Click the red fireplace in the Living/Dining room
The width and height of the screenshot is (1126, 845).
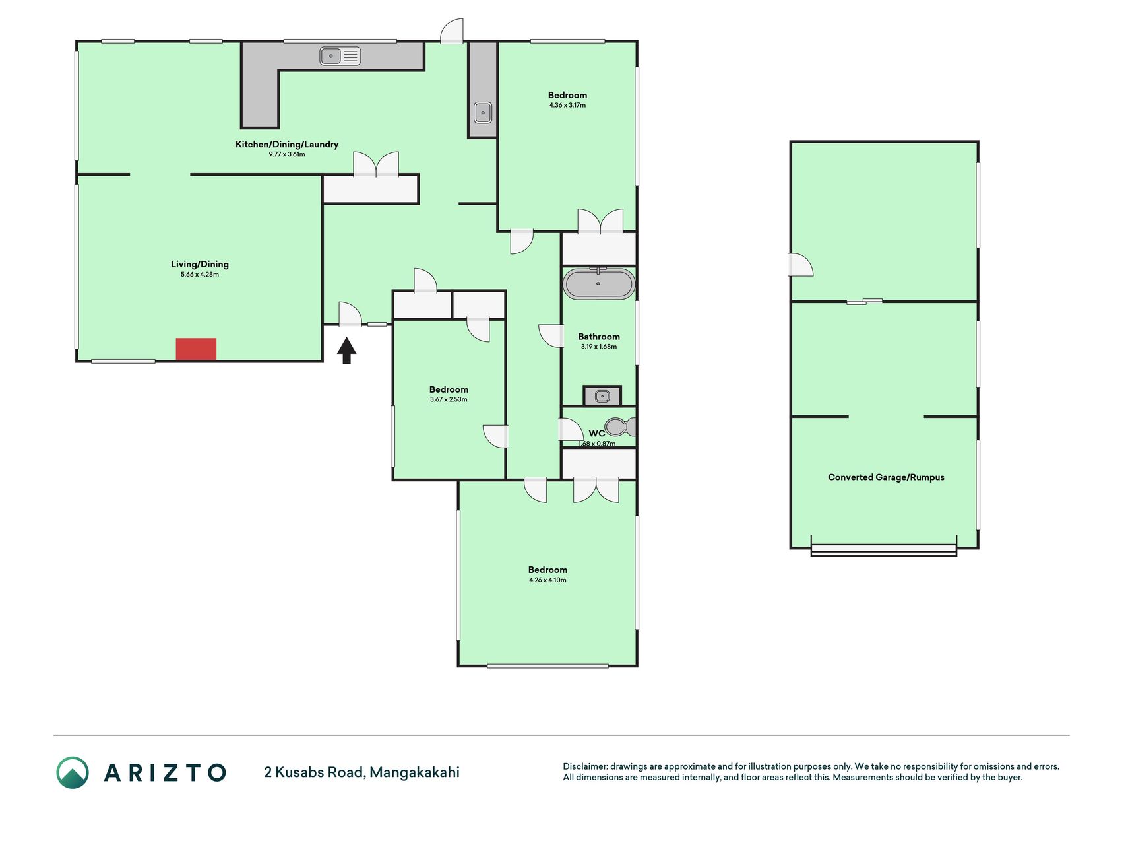[196, 349]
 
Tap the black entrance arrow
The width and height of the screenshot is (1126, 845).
[347, 351]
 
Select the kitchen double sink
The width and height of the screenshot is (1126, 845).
[340, 56]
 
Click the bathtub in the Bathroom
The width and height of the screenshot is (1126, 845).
[599, 284]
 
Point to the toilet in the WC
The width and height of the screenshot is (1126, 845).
[621, 427]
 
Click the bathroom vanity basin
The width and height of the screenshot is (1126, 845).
[602, 396]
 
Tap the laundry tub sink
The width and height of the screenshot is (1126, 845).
[483, 113]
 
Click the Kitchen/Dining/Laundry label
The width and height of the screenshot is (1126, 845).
[287, 144]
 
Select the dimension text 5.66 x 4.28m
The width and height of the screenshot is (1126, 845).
[200, 275]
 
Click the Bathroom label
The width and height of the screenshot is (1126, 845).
[599, 337]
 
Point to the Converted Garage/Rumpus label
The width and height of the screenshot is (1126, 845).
[886, 477]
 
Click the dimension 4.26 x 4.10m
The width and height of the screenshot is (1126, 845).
[547, 580]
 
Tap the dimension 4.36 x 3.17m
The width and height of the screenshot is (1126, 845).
[567, 105]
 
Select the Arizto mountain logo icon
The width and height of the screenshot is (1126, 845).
[73, 772]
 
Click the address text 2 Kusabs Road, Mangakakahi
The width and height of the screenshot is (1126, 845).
[361, 772]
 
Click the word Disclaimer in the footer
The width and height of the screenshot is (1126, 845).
[584, 766]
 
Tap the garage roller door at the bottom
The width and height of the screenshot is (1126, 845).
[883, 549]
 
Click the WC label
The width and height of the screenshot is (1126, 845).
[596, 434]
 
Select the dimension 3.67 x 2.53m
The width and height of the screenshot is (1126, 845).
[449, 399]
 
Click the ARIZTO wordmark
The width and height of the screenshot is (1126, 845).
[165, 772]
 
